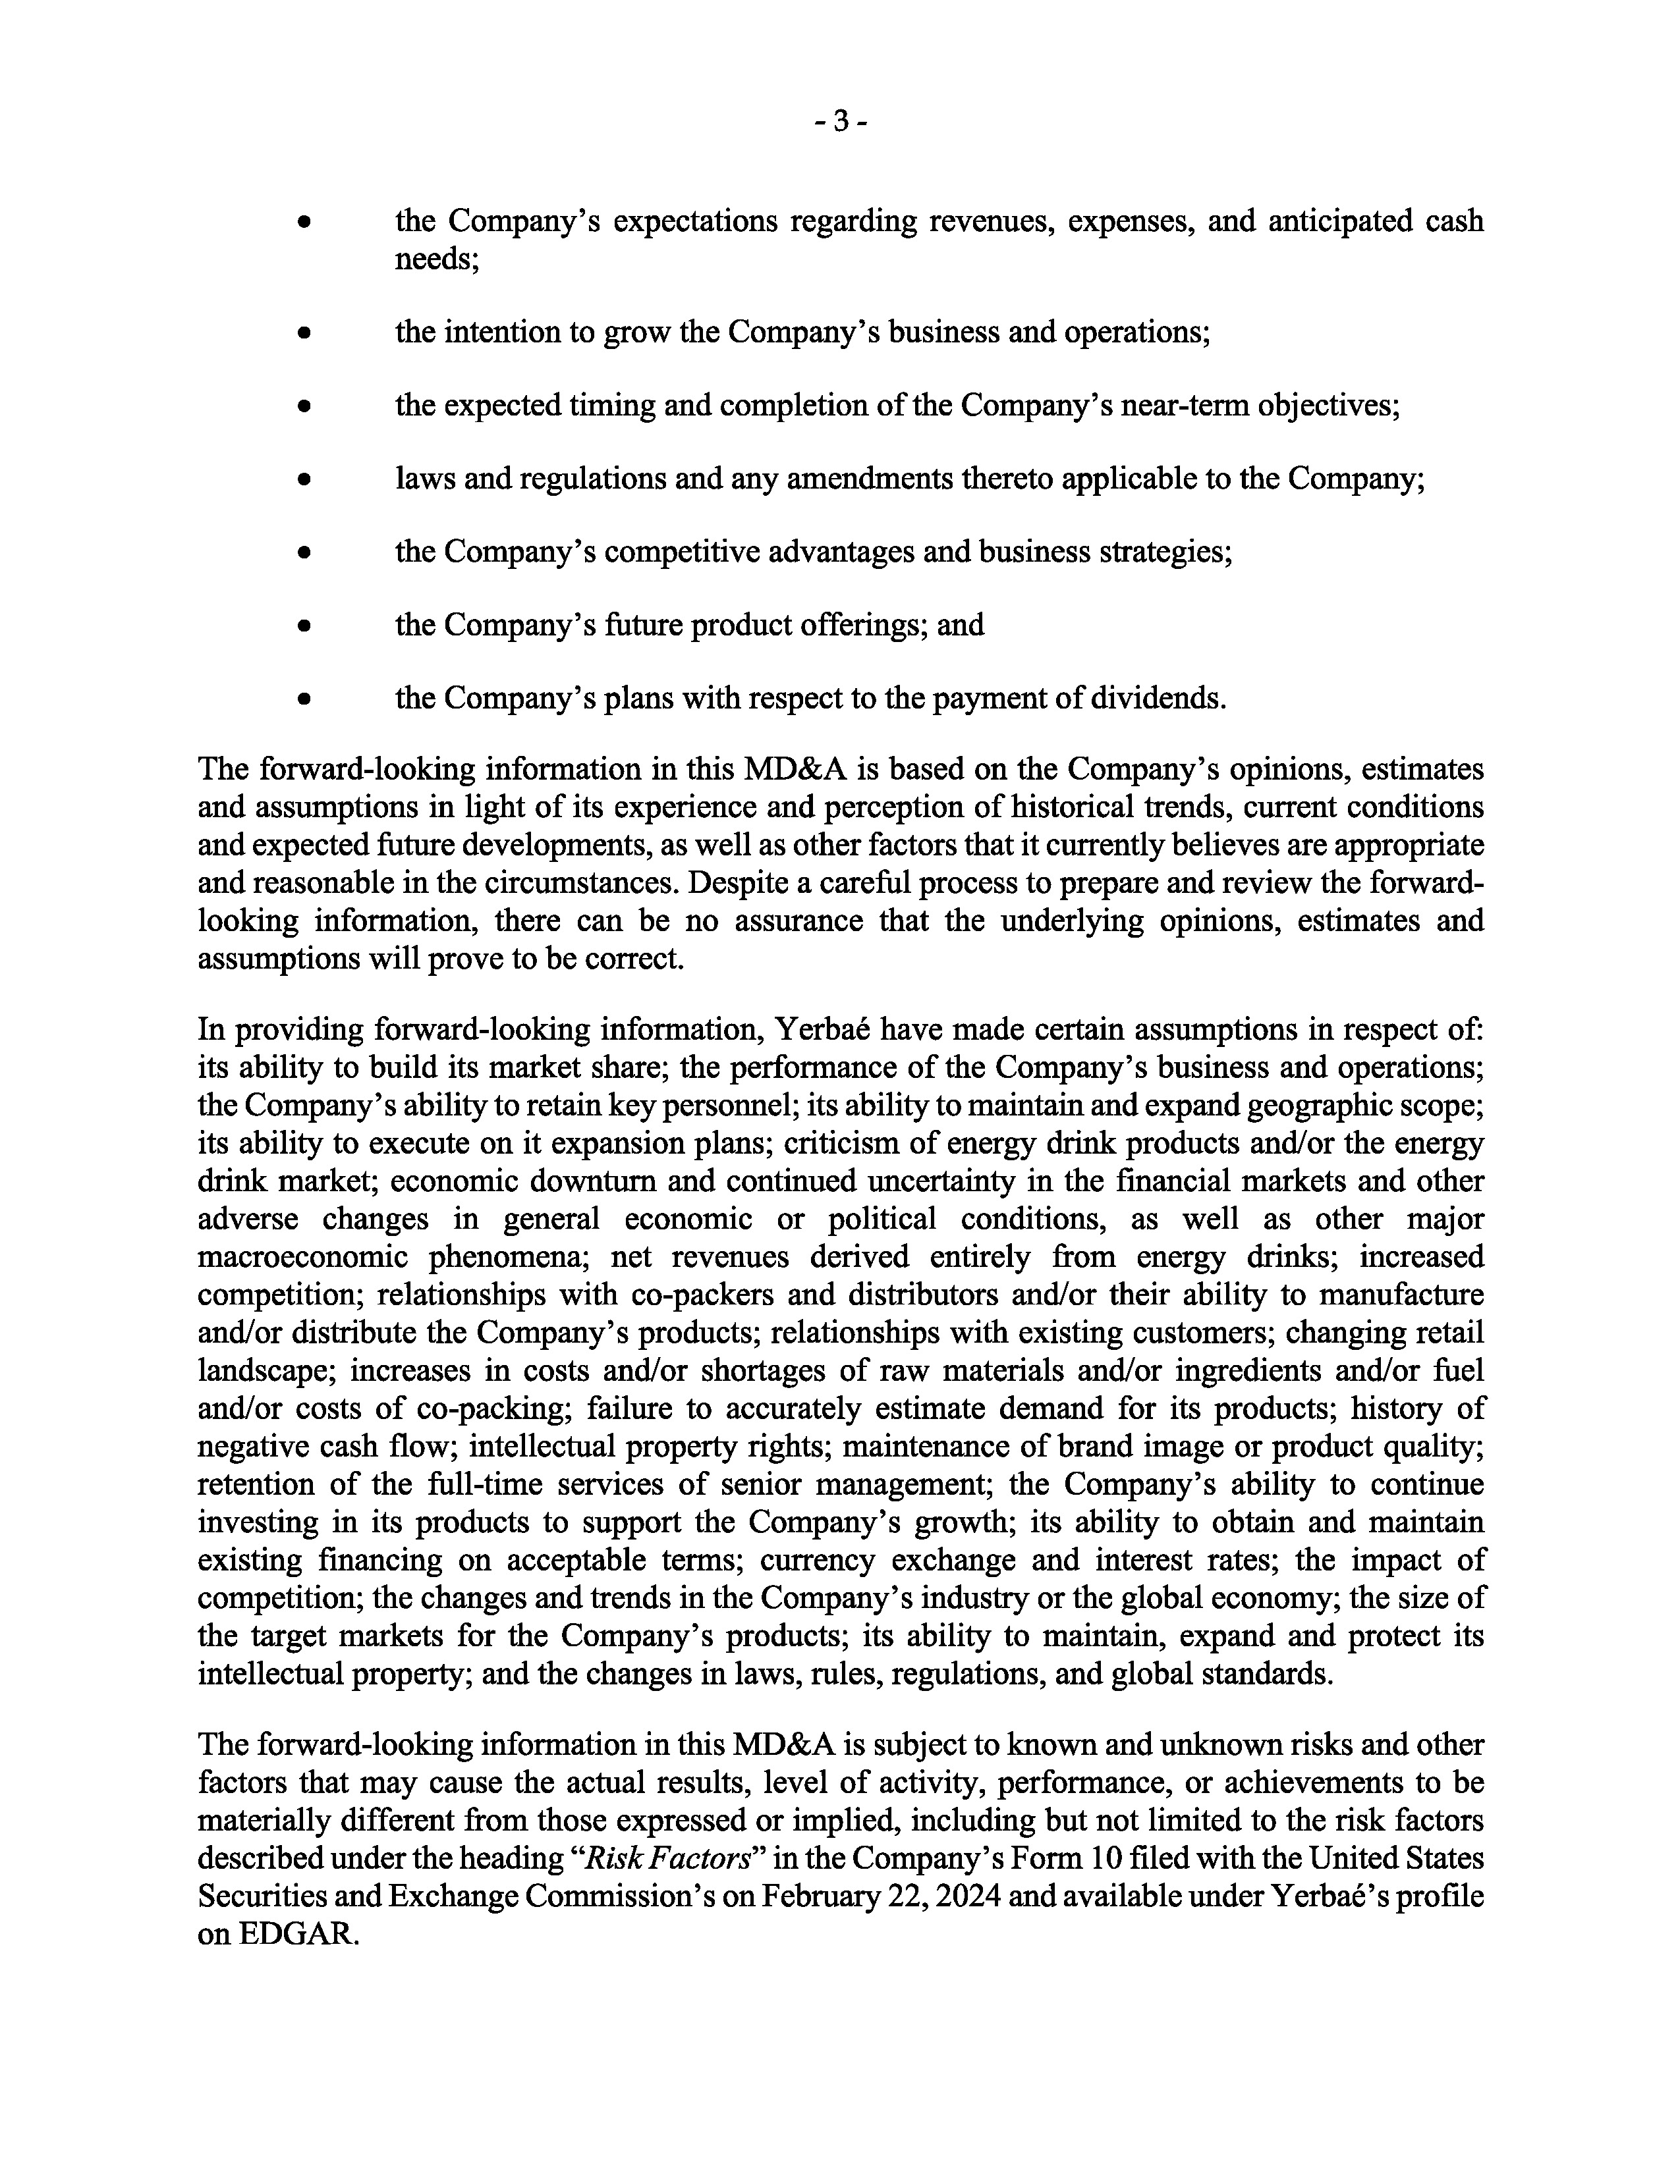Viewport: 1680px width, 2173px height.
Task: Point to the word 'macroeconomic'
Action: click(302, 1258)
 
